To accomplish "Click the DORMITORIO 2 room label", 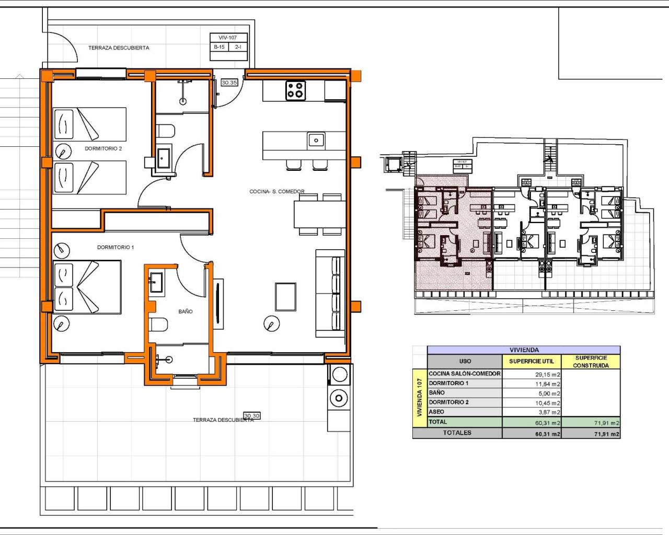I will [x=103, y=149].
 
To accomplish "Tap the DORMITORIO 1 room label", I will [x=115, y=248].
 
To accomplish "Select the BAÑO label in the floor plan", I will [x=185, y=311].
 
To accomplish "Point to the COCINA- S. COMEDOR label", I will [x=276, y=192].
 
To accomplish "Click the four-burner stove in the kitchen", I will [x=295, y=90].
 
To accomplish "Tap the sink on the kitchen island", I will [x=316, y=140].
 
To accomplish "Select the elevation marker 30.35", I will [x=229, y=83].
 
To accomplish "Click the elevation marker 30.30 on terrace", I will [x=251, y=416].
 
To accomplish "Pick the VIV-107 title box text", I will [x=228, y=38].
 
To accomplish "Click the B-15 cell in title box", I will [x=219, y=47].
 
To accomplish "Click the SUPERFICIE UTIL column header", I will [x=531, y=362].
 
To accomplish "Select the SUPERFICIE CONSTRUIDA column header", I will [x=591, y=362].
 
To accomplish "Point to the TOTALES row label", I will [x=457, y=433].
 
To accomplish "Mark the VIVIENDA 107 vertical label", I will [x=419, y=398].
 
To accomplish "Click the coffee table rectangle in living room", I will [x=285, y=297].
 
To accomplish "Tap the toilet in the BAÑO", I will [x=158, y=325].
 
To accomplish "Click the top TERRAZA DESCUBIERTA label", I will [x=119, y=48].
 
